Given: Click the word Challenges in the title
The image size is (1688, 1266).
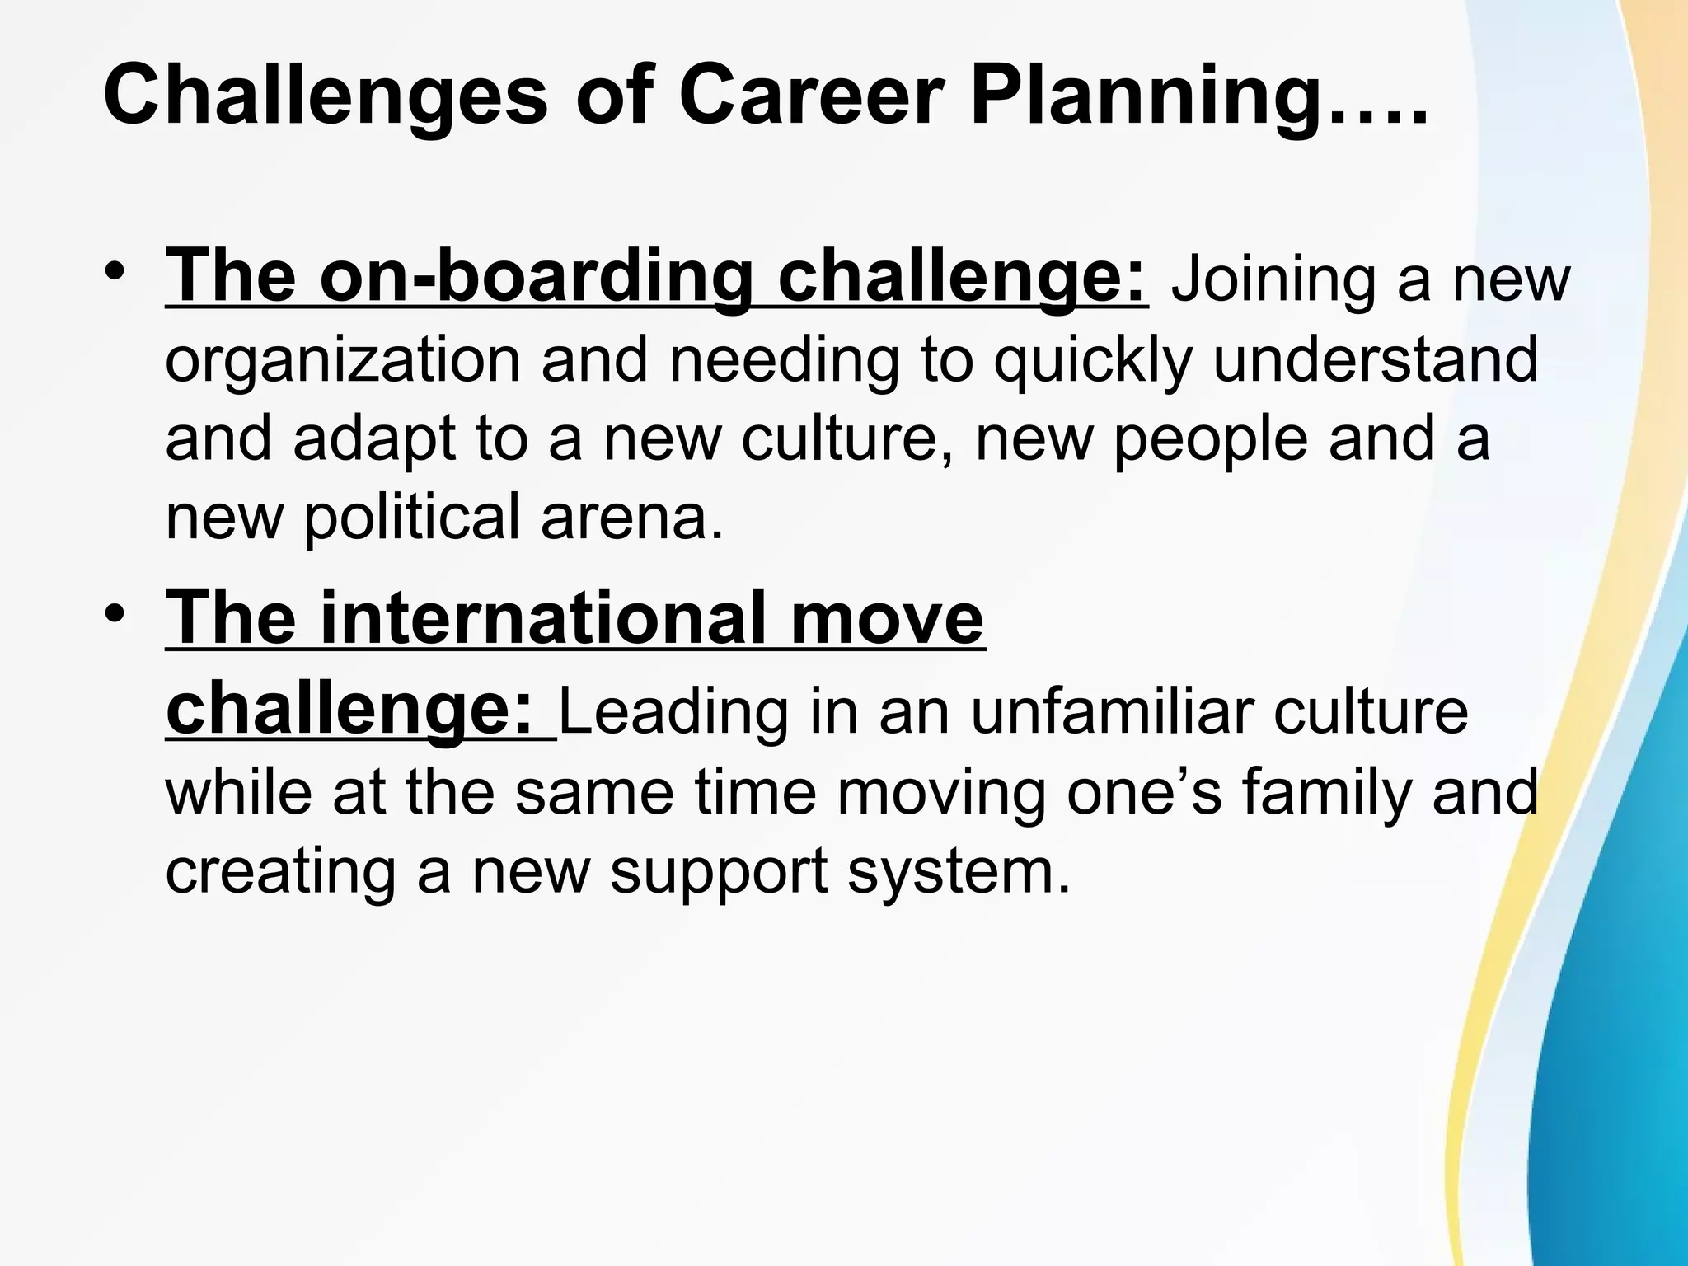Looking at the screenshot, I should (x=326, y=97).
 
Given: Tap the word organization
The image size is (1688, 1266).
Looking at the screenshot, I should (x=343, y=361).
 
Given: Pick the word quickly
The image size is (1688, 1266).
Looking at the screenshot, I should (x=1093, y=361).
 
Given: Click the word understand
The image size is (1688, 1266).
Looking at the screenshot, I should (x=1376, y=359).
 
